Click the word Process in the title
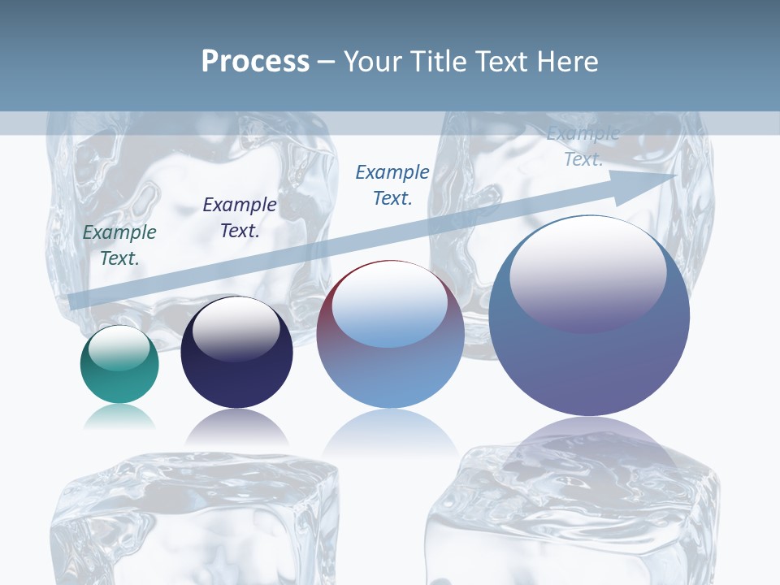[255, 61]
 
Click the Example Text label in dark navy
[239, 218]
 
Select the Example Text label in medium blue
[392, 184]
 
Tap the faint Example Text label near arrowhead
[583, 147]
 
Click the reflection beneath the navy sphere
[236, 427]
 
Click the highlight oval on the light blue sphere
[389, 305]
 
